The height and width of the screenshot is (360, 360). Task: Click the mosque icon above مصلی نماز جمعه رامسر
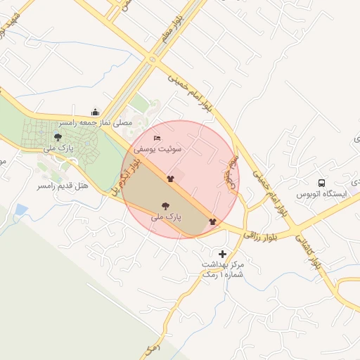tap(96, 112)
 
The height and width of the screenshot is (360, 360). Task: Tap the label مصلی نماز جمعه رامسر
tap(103, 122)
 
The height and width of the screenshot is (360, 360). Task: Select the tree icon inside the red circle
tap(165, 207)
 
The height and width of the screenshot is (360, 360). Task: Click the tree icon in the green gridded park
tap(57, 137)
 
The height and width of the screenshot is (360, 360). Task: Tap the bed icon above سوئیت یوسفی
tap(157, 138)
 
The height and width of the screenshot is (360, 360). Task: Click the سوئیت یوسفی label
tap(162, 149)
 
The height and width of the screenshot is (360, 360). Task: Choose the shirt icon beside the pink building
tap(170, 179)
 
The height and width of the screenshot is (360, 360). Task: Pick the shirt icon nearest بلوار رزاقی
tap(212, 221)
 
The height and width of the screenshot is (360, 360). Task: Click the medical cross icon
tap(223, 254)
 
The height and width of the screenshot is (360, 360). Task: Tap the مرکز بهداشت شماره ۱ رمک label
tap(222, 269)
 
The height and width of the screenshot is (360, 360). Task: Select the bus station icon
tap(321, 181)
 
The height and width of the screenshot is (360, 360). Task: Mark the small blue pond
tap(20, 210)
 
